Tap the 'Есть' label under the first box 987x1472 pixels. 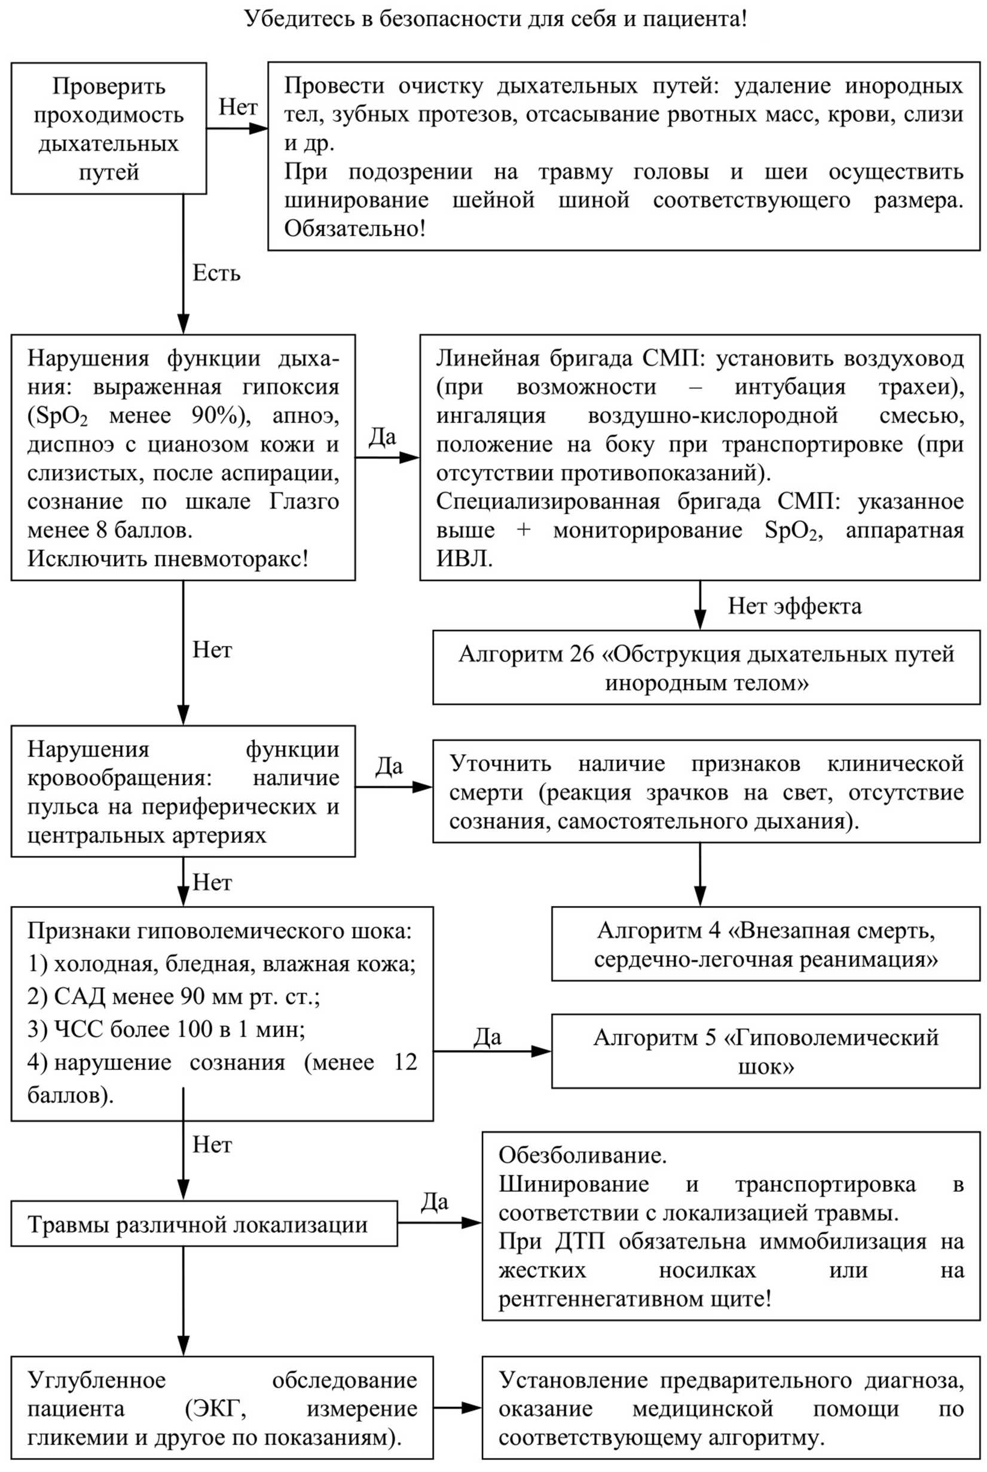(x=216, y=273)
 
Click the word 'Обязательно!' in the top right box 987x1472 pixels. (x=355, y=228)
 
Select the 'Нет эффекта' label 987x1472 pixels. (x=795, y=606)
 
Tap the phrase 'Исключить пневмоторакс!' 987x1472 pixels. (x=168, y=559)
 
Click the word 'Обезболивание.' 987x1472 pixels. (x=583, y=1155)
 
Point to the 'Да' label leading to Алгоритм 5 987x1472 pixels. (x=488, y=1036)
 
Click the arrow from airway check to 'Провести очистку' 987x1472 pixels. (x=237, y=129)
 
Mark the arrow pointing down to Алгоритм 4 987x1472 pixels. (x=700, y=875)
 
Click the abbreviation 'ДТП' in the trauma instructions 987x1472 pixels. (x=579, y=1242)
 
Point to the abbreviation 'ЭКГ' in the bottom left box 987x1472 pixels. (x=216, y=1409)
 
